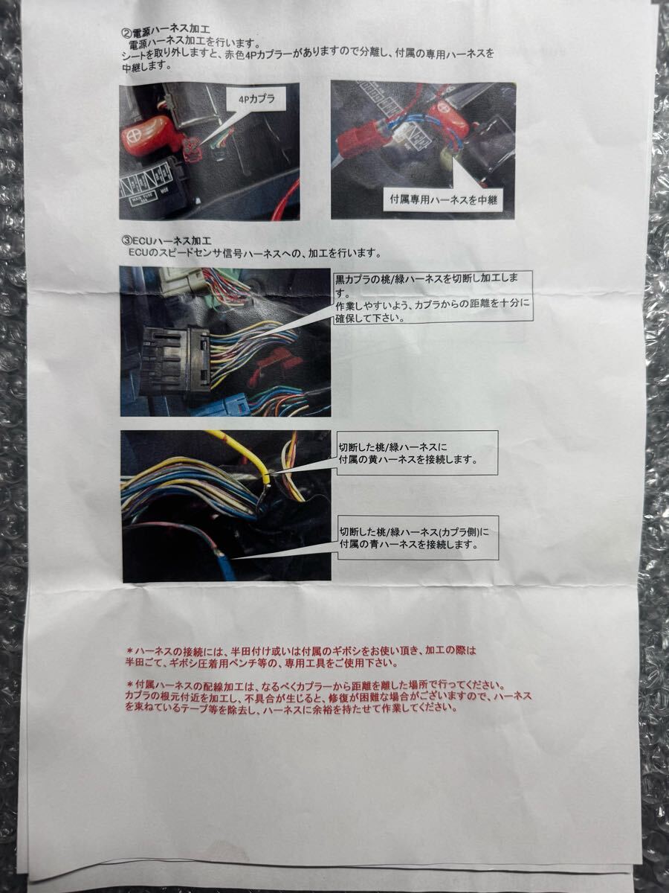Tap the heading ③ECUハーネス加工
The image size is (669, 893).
coord(165,241)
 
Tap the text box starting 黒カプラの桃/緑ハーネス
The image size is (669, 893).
coord(433,296)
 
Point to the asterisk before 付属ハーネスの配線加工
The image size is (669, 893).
coord(129,683)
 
